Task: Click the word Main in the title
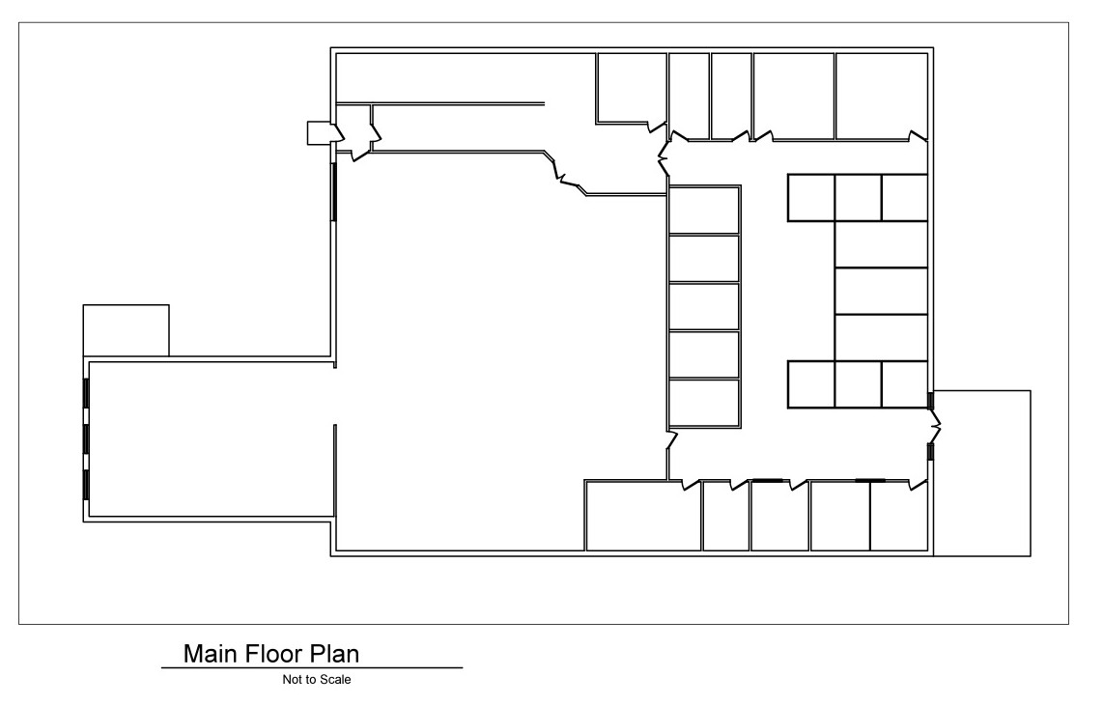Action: point(211,654)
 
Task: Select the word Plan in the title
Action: point(335,654)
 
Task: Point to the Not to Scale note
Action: point(317,680)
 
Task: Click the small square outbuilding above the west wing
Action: point(126,330)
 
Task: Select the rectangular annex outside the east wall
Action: point(982,473)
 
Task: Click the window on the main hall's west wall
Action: point(334,192)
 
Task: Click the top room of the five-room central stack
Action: point(704,210)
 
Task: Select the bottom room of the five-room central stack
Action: point(704,403)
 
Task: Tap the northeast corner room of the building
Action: point(881,97)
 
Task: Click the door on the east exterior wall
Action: point(936,425)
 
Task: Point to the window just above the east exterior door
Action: point(931,401)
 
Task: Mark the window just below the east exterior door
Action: point(931,451)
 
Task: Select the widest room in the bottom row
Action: point(643,516)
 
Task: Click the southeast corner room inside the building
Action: point(899,516)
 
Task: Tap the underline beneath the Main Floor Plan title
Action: point(312,667)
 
